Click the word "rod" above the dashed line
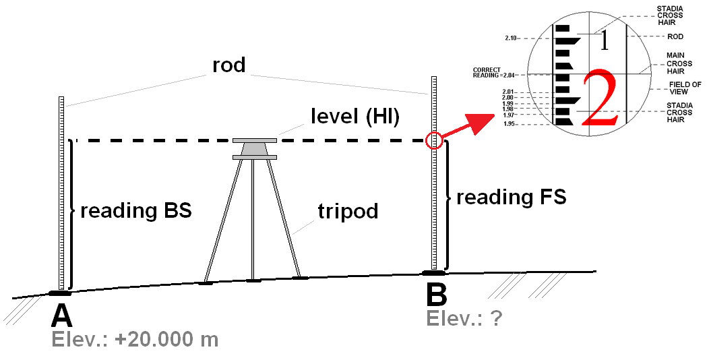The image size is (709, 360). [229, 65]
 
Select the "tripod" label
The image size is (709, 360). [348, 211]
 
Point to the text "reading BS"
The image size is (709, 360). [136, 210]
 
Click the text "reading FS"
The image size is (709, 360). [512, 198]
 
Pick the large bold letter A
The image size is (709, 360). [61, 316]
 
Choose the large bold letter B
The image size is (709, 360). [436, 295]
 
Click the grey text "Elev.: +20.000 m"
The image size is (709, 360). [135, 339]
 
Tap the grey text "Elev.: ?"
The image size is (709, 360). [464, 317]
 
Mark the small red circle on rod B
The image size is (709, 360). [434, 140]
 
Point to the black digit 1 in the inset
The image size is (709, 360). [604, 41]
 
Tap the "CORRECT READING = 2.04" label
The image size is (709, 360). [494, 73]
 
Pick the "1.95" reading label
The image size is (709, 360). [510, 124]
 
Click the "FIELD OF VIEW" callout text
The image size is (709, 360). [685, 88]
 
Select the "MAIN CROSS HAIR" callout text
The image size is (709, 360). [676, 63]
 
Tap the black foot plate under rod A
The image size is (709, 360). [61, 293]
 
